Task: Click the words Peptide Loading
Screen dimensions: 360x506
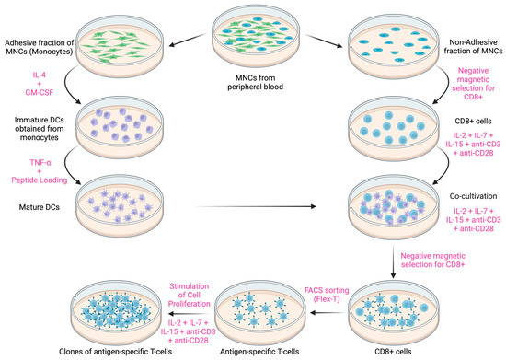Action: pos(58,171)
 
